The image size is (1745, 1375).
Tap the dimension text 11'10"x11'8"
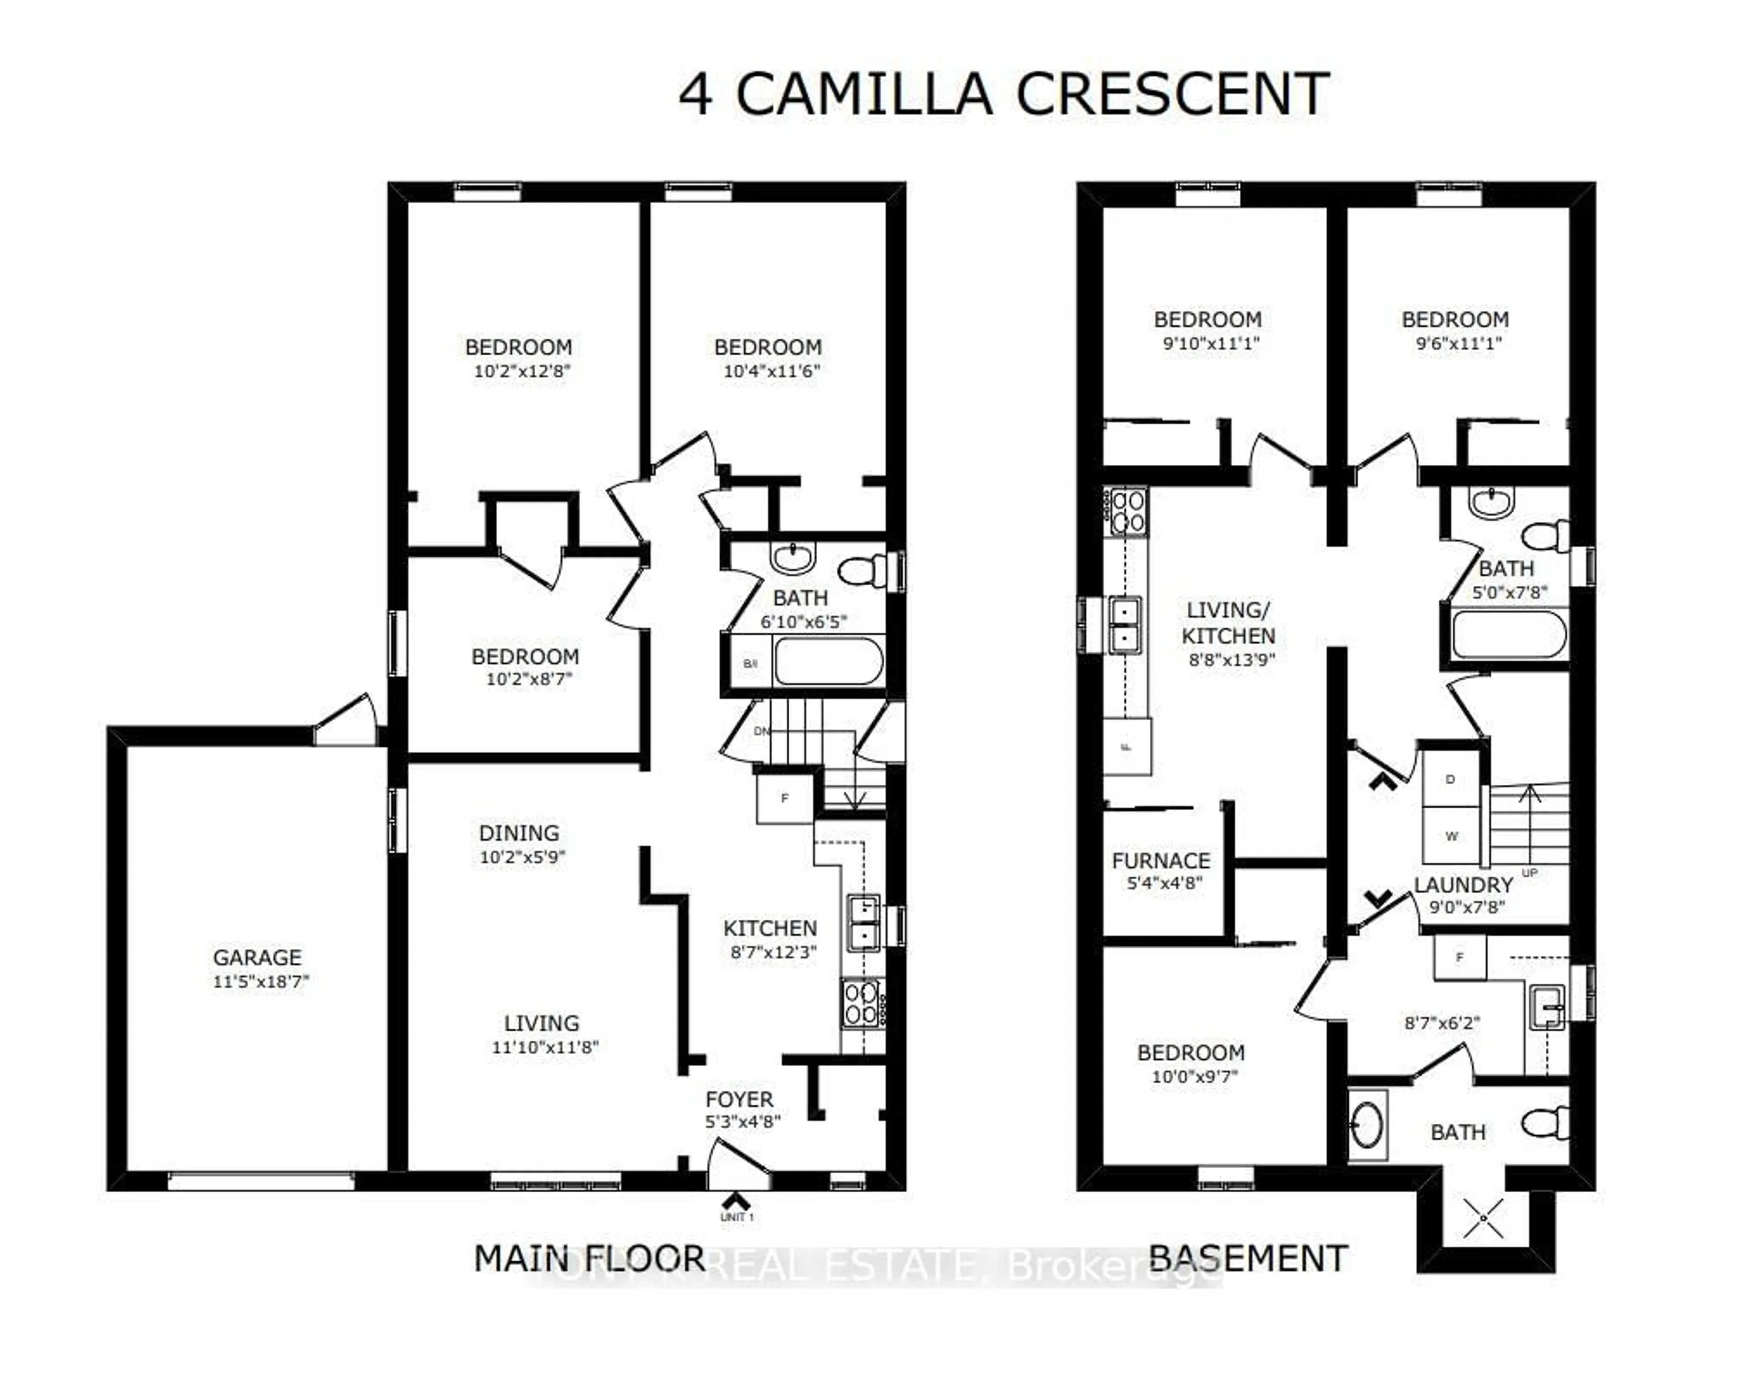[545, 1046]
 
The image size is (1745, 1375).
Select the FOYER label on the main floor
[739, 1099]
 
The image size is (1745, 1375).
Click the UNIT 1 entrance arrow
[736, 1201]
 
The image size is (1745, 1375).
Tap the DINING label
[519, 832]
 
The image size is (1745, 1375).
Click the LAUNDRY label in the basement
[1463, 885]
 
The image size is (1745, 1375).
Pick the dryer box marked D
[1451, 779]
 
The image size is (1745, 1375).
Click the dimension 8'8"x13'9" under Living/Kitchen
[1231, 659]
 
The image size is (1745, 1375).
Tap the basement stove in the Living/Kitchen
[1127, 512]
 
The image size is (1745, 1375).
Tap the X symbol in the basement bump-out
[1483, 1219]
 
